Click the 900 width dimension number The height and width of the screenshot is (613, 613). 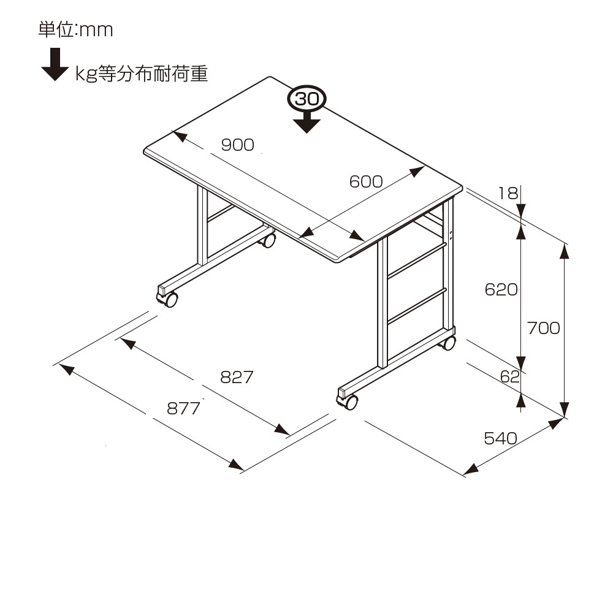(237, 145)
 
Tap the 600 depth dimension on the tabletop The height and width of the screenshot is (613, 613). (366, 181)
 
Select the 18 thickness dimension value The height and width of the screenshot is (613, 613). (508, 194)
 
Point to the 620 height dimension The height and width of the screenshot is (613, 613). (501, 289)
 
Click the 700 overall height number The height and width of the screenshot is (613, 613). (544, 328)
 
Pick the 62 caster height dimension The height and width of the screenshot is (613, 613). (509, 376)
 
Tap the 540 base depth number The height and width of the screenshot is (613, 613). (501, 438)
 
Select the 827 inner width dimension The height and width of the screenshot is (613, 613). (237, 377)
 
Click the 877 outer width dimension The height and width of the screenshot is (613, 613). (184, 408)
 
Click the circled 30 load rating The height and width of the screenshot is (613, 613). (307, 99)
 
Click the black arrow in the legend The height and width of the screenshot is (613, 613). (55, 66)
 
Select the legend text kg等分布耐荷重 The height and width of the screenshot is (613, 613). (142, 74)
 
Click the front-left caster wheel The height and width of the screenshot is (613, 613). (169, 299)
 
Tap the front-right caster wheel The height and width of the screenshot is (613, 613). (349, 402)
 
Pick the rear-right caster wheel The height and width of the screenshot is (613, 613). (449, 343)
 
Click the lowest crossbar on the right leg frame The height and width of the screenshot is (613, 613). (417, 304)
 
